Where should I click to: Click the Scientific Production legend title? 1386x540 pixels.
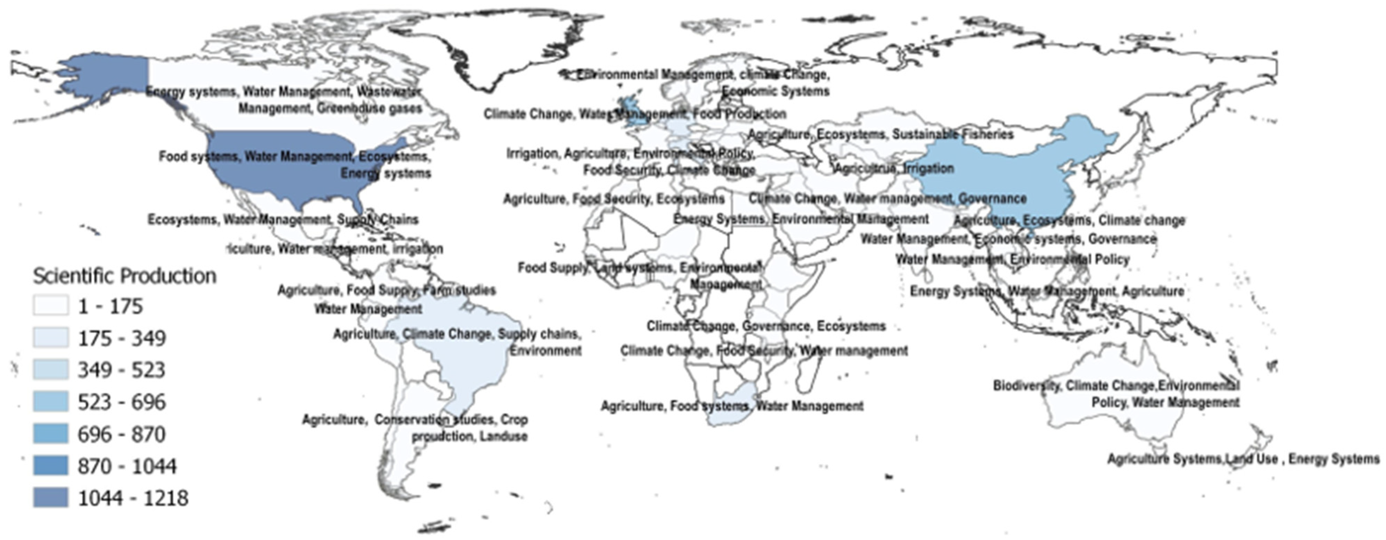(125, 276)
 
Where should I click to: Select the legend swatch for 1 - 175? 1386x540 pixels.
(51, 306)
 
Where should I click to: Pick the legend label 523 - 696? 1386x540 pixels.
(121, 402)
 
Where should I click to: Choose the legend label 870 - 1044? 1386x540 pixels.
(127, 466)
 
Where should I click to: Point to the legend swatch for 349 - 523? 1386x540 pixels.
(51, 369)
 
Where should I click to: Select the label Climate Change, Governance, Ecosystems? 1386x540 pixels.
(766, 326)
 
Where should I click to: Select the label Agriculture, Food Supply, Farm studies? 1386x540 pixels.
(386, 290)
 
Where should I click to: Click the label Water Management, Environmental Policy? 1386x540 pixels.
(1012, 259)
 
